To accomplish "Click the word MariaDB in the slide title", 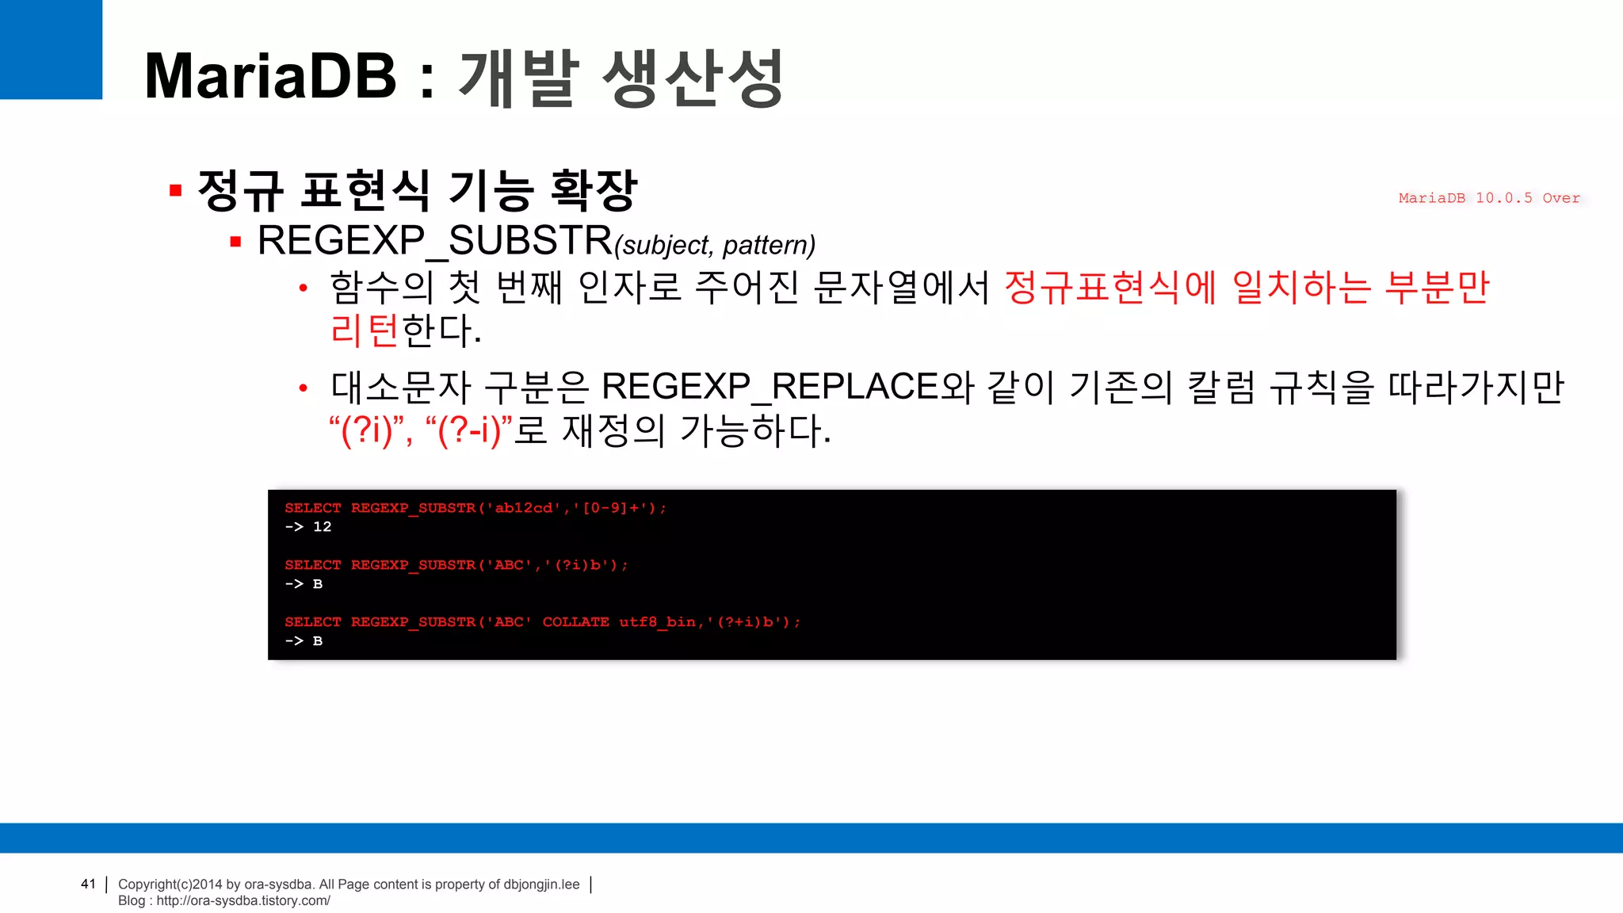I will point(270,77).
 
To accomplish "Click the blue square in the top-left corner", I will point(51,49).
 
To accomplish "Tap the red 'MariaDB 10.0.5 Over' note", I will point(1489,198).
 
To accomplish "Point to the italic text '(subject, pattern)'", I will point(715,245).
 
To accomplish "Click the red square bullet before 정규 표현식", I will point(176,190).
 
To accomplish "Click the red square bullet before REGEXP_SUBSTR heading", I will point(235,242).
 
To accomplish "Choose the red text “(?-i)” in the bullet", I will point(469,430).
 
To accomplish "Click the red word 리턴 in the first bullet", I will point(365,330).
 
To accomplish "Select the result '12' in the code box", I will point(322,527).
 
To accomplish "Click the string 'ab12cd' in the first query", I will point(524,508).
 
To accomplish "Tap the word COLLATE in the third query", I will point(576,622).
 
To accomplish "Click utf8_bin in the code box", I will point(657,622).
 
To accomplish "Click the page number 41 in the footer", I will point(88,884).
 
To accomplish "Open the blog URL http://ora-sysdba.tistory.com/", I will point(243,900).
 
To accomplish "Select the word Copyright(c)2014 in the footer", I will point(170,884).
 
